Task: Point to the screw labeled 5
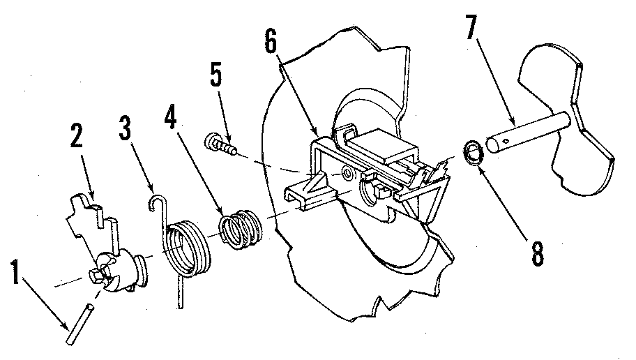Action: (218, 146)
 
